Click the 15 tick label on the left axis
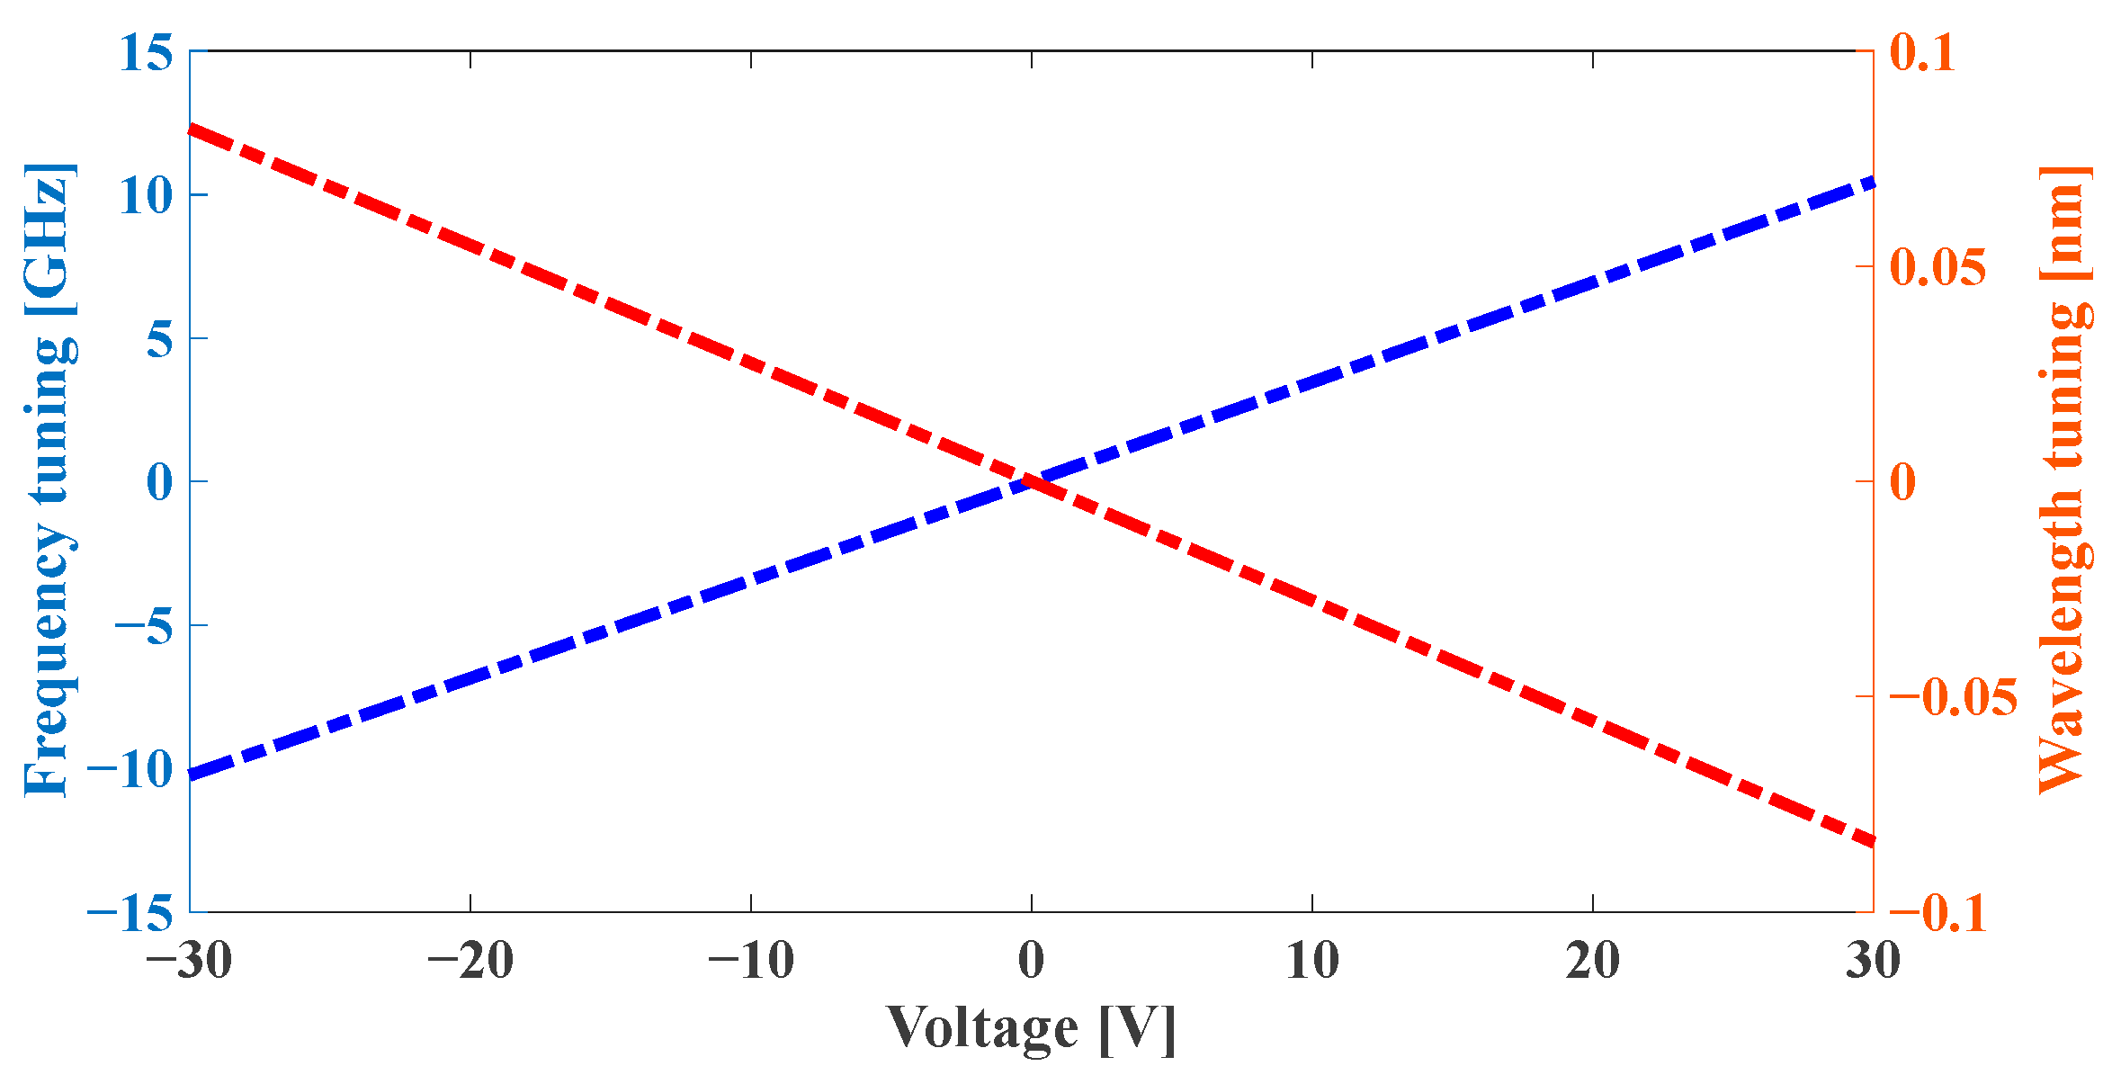(146, 52)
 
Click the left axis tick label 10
(146, 195)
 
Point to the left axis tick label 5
(159, 339)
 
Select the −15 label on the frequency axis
(130, 914)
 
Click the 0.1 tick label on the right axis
(1922, 52)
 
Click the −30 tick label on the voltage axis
(189, 960)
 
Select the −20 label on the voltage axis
(470, 960)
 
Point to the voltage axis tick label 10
(1312, 960)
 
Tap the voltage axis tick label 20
(1593, 960)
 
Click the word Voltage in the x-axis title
(982, 1026)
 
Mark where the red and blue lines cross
(1032, 481)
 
